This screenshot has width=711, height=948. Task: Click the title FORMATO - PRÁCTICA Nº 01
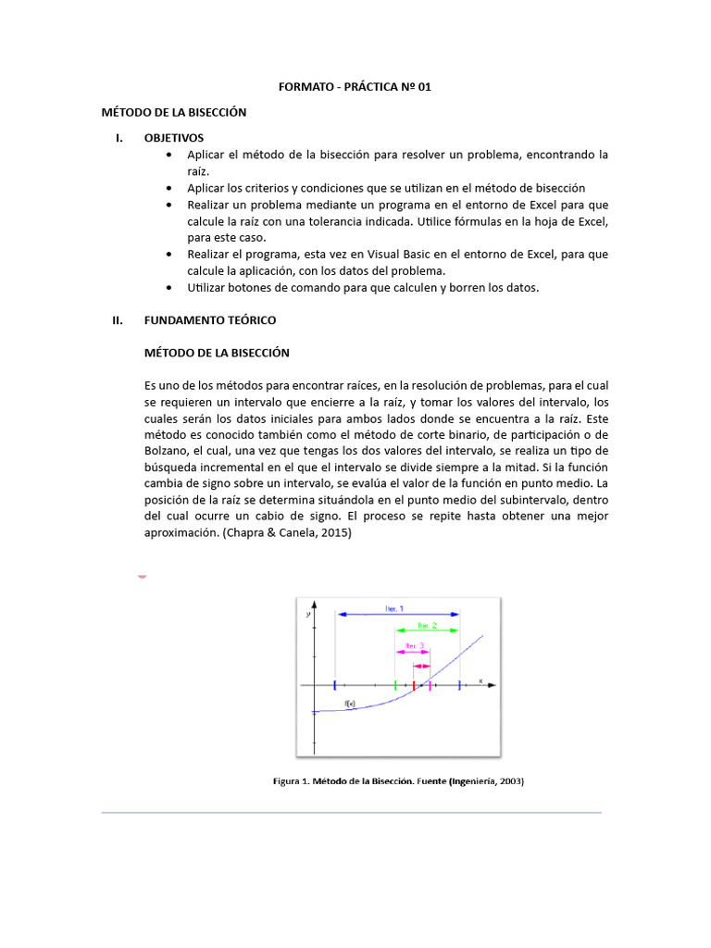point(355,87)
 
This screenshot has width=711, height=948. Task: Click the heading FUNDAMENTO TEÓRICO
point(210,319)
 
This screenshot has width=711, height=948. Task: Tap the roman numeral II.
point(117,319)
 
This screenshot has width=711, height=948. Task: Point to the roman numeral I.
point(118,137)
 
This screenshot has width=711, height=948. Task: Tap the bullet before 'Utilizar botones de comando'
point(168,288)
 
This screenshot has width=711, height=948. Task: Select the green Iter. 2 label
point(429,625)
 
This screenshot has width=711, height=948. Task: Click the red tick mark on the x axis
point(414,685)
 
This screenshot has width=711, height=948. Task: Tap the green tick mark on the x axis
point(395,685)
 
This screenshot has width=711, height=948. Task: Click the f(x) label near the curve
point(351,704)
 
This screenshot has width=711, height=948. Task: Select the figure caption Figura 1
point(398,781)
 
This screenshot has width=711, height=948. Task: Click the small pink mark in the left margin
point(142,576)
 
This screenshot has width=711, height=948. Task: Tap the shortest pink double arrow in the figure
point(421,666)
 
